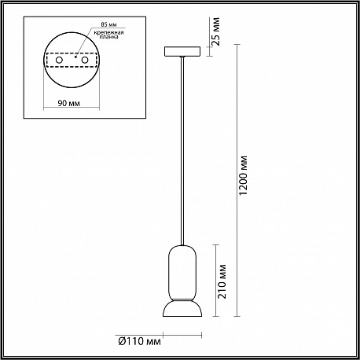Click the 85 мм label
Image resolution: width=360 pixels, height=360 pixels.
[x=108, y=24]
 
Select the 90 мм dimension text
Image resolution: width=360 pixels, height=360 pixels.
[x=69, y=103]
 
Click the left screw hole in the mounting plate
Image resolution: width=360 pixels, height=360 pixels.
[x=59, y=60]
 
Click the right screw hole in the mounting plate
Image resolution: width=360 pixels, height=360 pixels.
[x=85, y=60]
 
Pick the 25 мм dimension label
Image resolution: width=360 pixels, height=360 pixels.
[x=216, y=31]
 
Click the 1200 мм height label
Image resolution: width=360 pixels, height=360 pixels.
[x=244, y=175]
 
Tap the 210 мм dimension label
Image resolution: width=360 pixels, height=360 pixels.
[x=222, y=281]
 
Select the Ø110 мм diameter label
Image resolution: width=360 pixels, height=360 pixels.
[x=140, y=341]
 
